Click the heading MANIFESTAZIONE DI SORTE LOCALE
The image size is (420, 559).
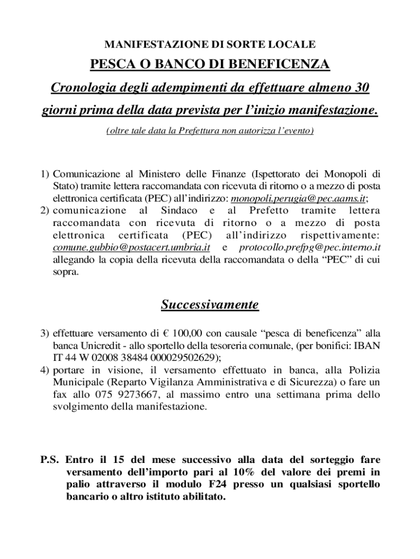pyautogui.click(x=209, y=43)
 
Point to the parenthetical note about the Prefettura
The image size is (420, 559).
pyautogui.click(x=209, y=131)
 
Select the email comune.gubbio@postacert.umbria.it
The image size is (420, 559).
pyautogui.click(x=131, y=247)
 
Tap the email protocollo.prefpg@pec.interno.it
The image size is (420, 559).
pyautogui.click(x=310, y=247)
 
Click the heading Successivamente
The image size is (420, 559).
pyautogui.click(x=209, y=305)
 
